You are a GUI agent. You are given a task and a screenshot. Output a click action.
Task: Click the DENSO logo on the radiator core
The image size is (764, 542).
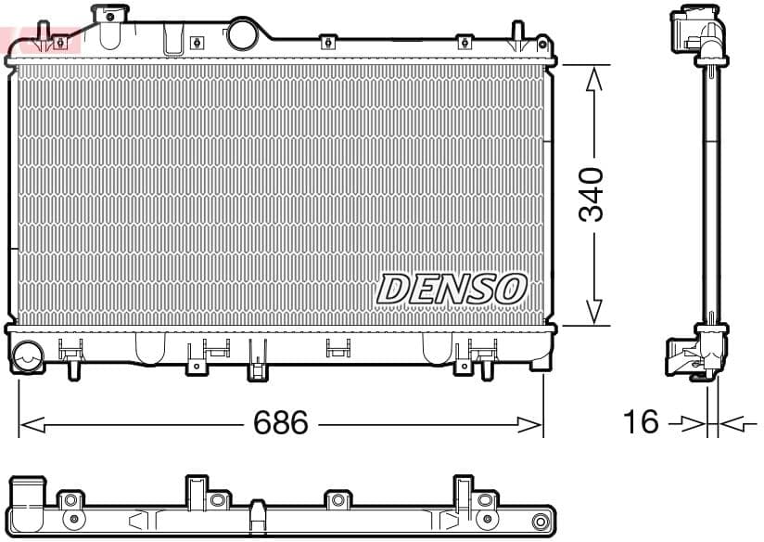pos(451,289)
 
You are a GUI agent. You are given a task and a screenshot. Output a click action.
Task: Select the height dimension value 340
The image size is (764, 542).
pos(592,195)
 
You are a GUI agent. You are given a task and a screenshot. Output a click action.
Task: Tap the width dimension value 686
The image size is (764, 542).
pos(281,423)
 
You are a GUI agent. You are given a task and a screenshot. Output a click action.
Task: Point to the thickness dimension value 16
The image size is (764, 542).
pos(640,422)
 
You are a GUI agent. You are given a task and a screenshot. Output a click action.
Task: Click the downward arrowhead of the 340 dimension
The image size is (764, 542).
pos(594,312)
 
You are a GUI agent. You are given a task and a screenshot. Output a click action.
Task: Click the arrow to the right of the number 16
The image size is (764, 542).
pos(732,424)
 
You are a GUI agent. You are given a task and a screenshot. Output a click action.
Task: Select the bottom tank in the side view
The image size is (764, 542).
pos(696,354)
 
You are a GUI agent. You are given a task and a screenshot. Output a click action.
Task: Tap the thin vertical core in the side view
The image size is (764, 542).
pos(711,195)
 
